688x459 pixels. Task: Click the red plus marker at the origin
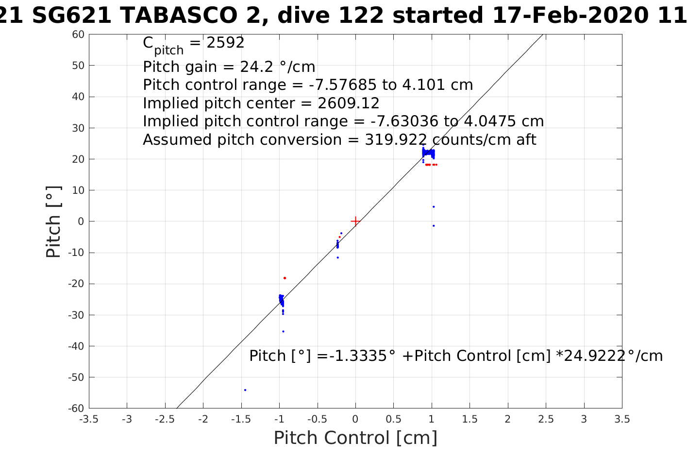(355, 221)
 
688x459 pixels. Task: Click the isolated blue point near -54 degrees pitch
(245, 390)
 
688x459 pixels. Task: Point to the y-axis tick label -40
(77, 346)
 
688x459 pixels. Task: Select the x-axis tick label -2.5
(165, 419)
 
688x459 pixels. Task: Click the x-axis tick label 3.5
(622, 419)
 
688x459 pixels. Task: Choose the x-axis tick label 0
(355, 419)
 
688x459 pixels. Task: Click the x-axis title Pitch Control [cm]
(355, 438)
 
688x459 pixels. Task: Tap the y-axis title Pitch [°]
(53, 221)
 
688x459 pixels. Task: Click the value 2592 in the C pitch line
(225, 43)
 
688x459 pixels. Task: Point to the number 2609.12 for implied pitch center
(348, 103)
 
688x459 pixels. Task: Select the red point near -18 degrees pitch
(285, 278)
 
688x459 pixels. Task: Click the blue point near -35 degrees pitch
(283, 331)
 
